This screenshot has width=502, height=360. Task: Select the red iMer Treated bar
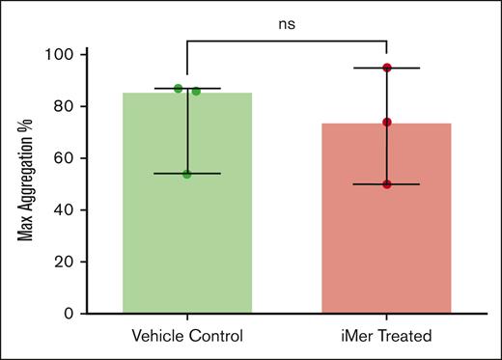386,241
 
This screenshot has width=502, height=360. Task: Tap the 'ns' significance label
287,25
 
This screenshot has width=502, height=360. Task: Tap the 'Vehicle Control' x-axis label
187,335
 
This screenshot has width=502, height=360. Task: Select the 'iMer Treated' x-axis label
386,335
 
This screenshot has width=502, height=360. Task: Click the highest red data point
386,68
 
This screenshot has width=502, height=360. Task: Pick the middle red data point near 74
386,123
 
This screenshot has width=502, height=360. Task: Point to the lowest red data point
386,184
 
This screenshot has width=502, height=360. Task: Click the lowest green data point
186,174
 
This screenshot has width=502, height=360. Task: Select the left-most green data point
178,89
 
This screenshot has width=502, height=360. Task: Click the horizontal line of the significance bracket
287,42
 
